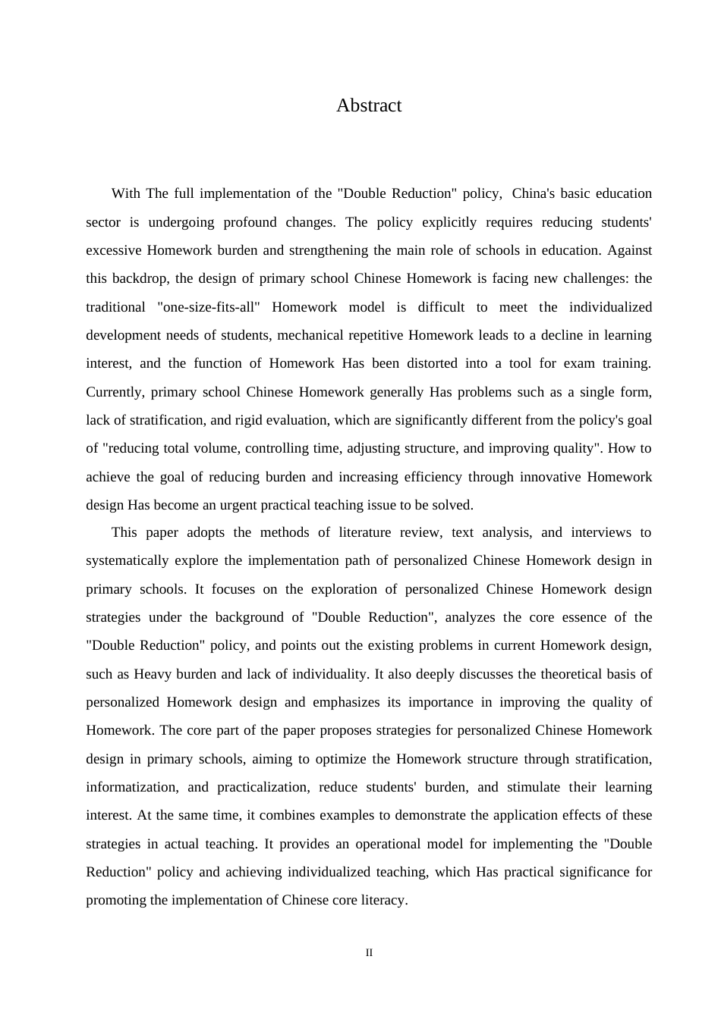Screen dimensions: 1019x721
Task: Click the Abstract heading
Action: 369,105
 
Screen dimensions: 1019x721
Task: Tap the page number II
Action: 369,953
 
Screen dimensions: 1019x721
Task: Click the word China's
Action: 535,193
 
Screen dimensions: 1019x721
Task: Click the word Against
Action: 629,250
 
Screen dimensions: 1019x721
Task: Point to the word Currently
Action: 114,392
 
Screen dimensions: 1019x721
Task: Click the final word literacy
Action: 385,901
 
